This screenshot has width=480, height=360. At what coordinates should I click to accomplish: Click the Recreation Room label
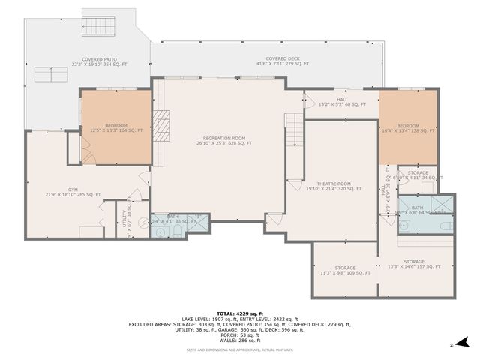point(223,140)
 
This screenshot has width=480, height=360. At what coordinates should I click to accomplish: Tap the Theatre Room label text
point(333,186)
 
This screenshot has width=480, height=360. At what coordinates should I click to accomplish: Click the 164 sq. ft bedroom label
point(115,127)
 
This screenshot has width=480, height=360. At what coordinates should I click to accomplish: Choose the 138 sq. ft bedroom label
point(407,127)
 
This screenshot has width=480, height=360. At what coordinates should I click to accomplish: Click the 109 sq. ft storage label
point(345,270)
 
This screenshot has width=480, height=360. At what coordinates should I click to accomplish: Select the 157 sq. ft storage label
point(414,264)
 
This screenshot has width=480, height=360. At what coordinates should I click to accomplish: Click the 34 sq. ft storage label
point(418,175)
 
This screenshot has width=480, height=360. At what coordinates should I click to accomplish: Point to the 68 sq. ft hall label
point(342,101)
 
